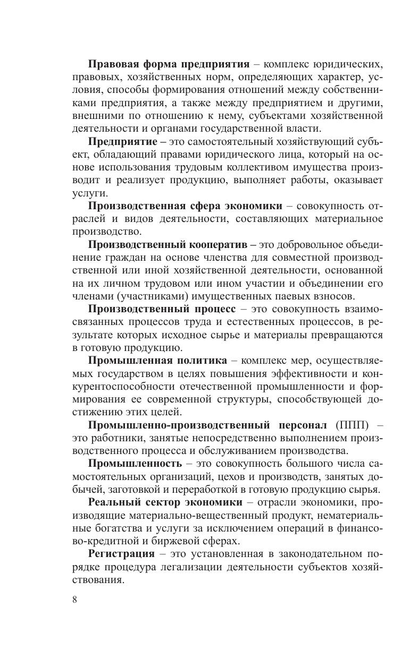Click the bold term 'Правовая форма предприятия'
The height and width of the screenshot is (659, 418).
click(x=169, y=64)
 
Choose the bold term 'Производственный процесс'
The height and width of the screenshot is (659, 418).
click(x=162, y=309)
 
